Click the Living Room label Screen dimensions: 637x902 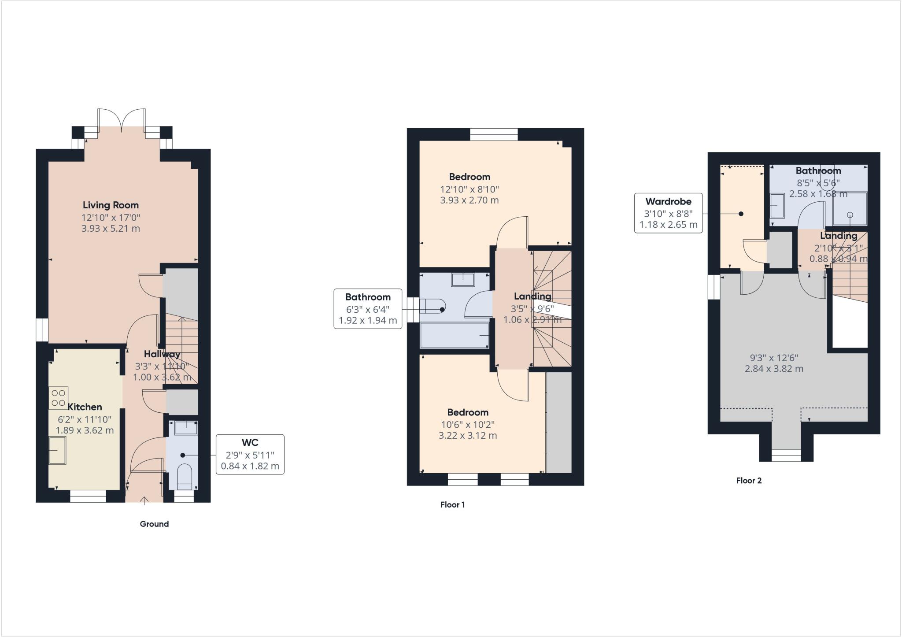pyautogui.click(x=111, y=205)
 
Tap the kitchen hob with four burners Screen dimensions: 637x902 pyautogui.click(x=58, y=397)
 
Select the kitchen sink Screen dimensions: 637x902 pyautogui.click(x=57, y=450)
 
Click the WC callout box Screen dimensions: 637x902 pyautogui.click(x=250, y=454)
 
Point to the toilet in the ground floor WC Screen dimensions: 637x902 pyautogui.click(x=184, y=478)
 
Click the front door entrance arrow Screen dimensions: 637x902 pyautogui.click(x=144, y=500)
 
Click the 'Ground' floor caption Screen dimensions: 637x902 pyautogui.click(x=154, y=524)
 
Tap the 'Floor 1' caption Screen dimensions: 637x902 pyautogui.click(x=452, y=504)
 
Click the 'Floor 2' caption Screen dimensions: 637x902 pyautogui.click(x=749, y=481)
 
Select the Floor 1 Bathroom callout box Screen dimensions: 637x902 pyautogui.click(x=368, y=308)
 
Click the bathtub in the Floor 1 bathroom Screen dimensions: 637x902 pyautogui.click(x=455, y=336)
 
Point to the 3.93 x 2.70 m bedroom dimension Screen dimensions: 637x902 pyautogui.click(x=469, y=200)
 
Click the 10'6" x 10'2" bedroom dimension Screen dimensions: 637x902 pyautogui.click(x=467, y=425)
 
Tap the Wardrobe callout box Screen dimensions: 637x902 pyautogui.click(x=668, y=213)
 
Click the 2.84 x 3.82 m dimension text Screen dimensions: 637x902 pyautogui.click(x=774, y=369)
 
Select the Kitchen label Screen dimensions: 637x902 pyautogui.click(x=85, y=407)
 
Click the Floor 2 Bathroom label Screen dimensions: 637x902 pyautogui.click(x=818, y=170)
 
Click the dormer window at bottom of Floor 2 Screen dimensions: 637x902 pyautogui.click(x=786, y=455)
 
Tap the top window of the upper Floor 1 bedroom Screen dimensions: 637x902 pyautogui.click(x=494, y=134)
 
